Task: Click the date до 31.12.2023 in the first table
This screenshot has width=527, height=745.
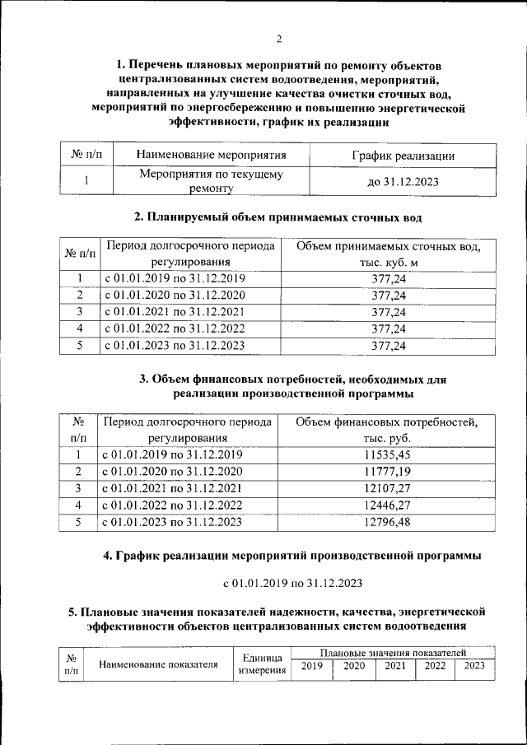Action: tap(403, 182)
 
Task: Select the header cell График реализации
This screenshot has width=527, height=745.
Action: tap(403, 155)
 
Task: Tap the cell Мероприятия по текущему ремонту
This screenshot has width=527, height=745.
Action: tap(211, 182)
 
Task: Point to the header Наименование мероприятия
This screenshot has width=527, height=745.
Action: tap(211, 155)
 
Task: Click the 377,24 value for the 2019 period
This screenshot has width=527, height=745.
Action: tap(389, 279)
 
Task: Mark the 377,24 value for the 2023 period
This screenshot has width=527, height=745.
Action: tap(389, 346)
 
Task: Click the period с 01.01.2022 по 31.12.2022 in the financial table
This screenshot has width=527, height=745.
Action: tap(171, 504)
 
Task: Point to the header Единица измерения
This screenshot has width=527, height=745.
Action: tap(262, 664)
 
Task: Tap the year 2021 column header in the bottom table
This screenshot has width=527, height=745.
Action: tap(394, 665)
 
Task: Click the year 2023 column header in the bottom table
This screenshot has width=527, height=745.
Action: tap(474, 665)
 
